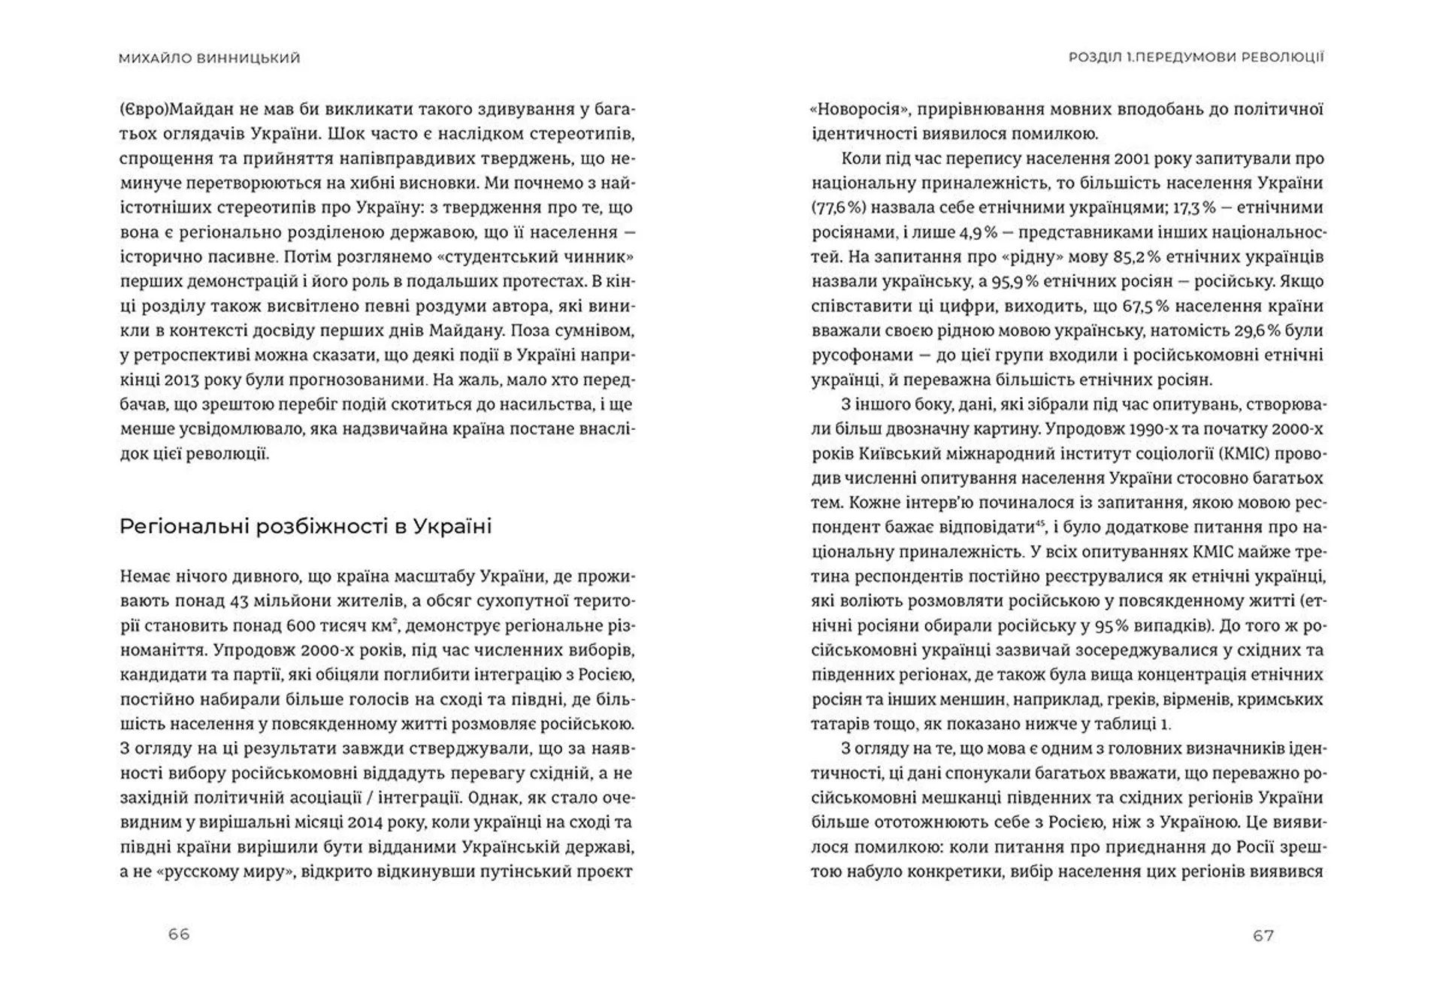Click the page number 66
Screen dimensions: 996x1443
(x=179, y=934)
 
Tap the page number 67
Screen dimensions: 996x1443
(x=1263, y=935)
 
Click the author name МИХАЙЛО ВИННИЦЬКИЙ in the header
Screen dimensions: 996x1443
(x=209, y=58)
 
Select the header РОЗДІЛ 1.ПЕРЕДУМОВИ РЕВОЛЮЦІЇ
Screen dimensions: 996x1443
(x=1196, y=57)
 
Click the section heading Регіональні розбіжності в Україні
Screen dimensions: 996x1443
(x=305, y=526)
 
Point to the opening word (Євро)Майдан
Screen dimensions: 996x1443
(x=165, y=109)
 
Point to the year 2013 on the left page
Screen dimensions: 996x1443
(x=185, y=380)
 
